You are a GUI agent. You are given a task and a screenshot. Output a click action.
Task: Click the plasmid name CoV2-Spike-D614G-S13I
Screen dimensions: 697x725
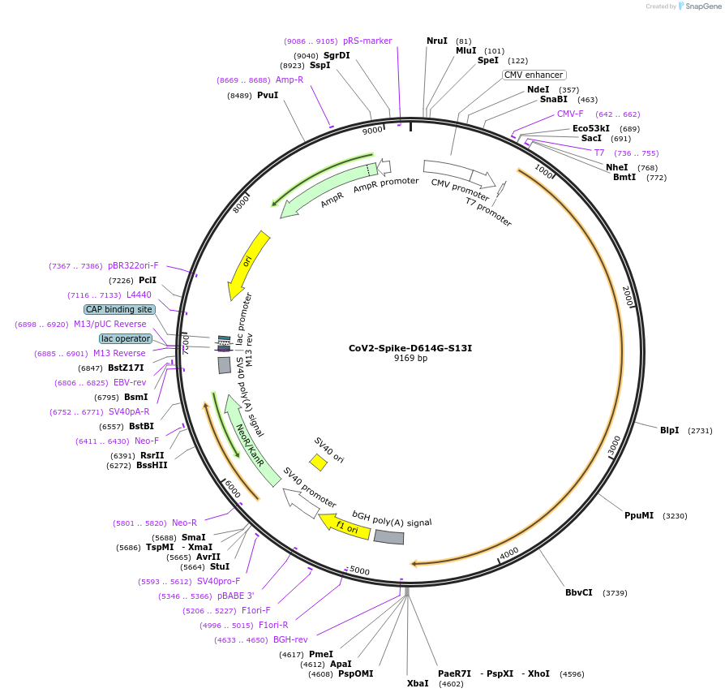pos(410,348)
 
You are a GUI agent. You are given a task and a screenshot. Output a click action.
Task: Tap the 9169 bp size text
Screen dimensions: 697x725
pos(410,359)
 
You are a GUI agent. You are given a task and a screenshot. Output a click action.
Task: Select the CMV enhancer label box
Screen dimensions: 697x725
pos(533,75)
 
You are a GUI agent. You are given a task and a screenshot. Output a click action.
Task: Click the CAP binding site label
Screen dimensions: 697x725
pos(119,309)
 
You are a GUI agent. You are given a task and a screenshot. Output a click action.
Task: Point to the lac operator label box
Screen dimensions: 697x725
pos(126,338)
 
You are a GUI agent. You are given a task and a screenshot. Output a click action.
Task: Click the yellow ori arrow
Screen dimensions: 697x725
pos(249,265)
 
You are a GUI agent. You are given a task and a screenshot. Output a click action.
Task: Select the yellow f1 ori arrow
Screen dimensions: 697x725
pos(345,526)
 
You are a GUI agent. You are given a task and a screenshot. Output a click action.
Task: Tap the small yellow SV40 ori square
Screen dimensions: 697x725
pos(318,463)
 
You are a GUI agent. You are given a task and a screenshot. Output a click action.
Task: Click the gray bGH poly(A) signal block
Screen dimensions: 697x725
pos(388,537)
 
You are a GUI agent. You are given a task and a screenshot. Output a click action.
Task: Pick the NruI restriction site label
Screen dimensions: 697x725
pos(437,41)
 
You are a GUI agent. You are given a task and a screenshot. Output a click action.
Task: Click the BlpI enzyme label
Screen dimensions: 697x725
pos(669,430)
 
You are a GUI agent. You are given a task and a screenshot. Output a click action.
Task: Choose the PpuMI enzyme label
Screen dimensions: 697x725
pos(638,515)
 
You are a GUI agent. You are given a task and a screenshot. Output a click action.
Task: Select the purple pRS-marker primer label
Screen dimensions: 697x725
pos(367,41)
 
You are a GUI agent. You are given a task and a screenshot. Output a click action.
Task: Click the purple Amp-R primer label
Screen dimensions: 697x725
pos(290,80)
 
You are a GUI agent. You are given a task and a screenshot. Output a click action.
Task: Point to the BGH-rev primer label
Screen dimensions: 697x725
pos(290,639)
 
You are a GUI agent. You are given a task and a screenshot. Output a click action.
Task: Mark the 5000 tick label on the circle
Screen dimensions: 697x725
pos(359,571)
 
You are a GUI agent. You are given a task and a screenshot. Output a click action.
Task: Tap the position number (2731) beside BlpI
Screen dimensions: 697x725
pos(700,431)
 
